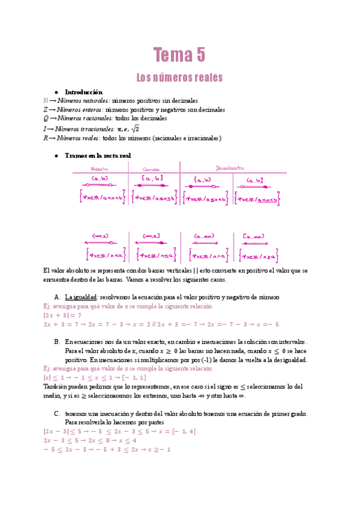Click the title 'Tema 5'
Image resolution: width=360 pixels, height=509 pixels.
179,55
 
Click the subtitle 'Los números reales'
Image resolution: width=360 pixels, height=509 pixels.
179,77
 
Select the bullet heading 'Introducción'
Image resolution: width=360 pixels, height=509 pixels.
84,92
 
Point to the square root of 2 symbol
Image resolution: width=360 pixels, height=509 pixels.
135,128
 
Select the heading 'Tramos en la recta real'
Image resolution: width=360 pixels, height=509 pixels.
97,155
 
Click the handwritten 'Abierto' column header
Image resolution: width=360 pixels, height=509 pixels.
99,169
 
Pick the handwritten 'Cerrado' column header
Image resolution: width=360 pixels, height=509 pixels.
153,169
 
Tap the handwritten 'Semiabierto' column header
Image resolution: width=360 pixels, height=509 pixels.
231,167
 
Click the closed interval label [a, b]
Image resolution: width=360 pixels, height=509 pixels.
152,178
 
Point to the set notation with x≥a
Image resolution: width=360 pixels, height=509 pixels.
260,256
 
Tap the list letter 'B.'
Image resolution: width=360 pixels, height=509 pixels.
56,341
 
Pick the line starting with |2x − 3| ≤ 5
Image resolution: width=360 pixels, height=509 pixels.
108,431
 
